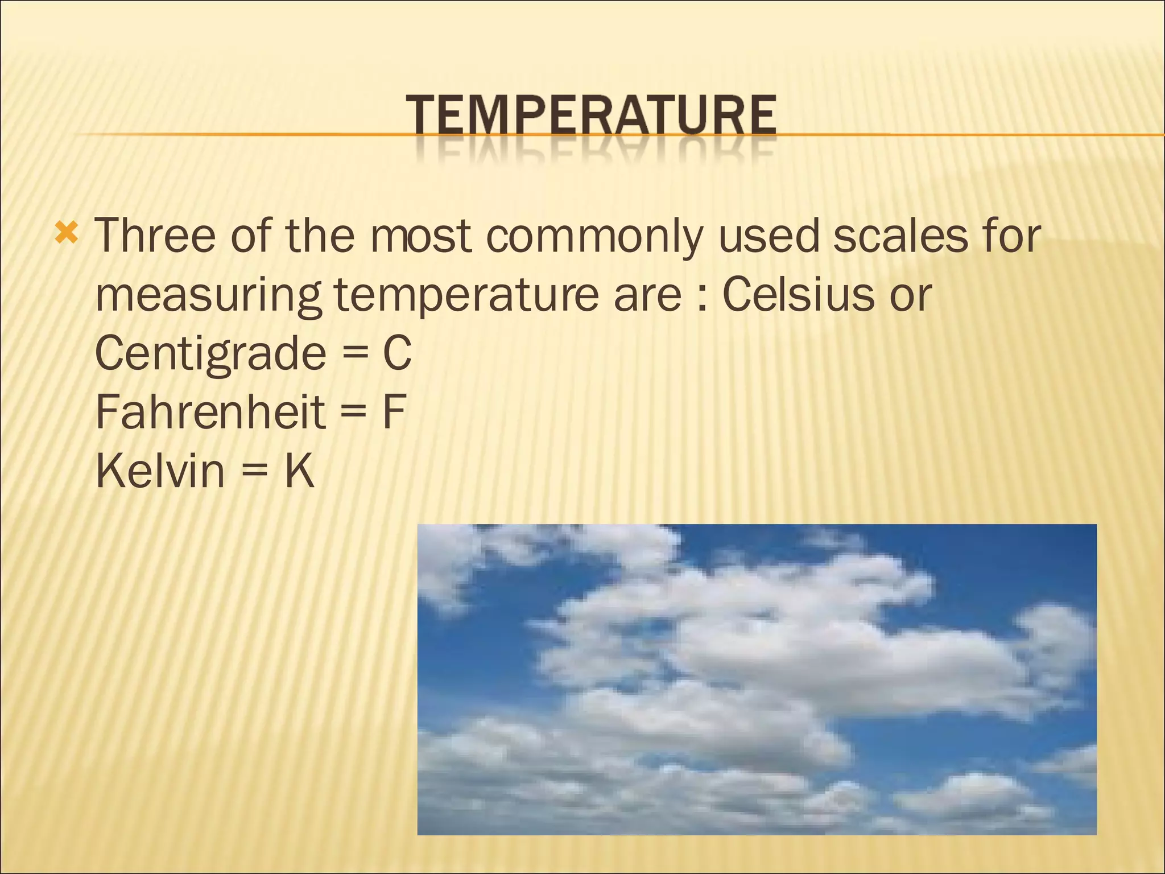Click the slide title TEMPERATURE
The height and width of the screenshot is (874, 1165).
click(x=590, y=116)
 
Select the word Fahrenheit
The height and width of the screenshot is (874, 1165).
click(x=210, y=412)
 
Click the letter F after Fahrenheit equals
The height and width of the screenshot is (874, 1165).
click(x=394, y=412)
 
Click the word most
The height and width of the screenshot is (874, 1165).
click(x=421, y=236)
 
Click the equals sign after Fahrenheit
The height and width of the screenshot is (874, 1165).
click(x=353, y=413)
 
